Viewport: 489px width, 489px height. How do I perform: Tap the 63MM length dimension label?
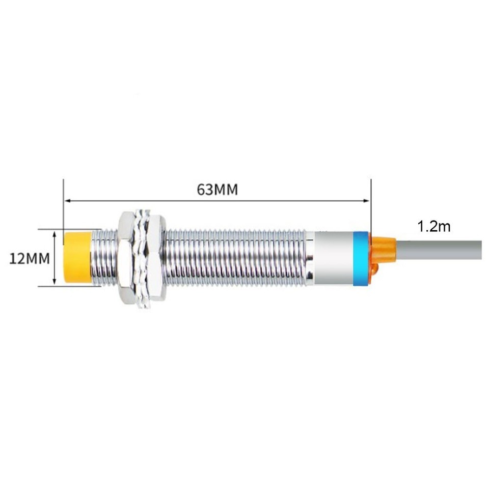pos(218,189)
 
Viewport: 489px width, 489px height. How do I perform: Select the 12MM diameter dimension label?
pos(30,258)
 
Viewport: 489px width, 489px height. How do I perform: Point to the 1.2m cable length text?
pos(434,227)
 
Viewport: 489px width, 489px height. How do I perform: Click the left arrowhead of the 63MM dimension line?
pos(67,201)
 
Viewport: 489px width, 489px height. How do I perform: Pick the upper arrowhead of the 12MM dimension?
pos(55,233)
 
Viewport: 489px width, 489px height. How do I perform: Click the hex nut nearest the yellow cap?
pos(125,258)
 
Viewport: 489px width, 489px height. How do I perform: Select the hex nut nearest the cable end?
pos(155,258)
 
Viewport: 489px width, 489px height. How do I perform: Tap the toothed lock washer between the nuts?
pos(140,258)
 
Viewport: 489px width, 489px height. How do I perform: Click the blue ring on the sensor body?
pos(361,258)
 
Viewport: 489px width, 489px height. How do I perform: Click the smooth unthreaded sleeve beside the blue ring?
pos(334,258)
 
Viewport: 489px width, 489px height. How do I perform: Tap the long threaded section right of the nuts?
pos(234,258)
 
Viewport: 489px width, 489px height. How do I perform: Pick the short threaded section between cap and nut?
pos(104,258)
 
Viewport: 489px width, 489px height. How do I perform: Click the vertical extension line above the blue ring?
pos(370,209)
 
